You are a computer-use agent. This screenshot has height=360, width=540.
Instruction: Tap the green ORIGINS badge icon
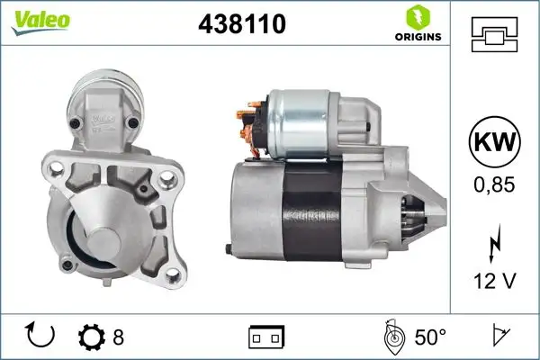418,17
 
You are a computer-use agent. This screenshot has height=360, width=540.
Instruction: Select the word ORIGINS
417,38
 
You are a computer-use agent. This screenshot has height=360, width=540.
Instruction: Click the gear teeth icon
93,337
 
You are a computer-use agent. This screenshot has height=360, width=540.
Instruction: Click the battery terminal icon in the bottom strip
266,337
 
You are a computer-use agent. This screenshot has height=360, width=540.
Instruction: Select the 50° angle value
430,337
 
